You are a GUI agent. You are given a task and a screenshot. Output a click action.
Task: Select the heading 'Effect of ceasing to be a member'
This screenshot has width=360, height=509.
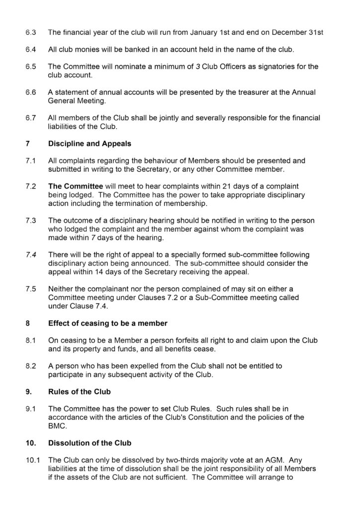pyautogui.click(x=107, y=323)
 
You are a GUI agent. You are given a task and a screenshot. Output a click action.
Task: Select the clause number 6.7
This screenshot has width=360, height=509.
pyautogui.click(x=31, y=118)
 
